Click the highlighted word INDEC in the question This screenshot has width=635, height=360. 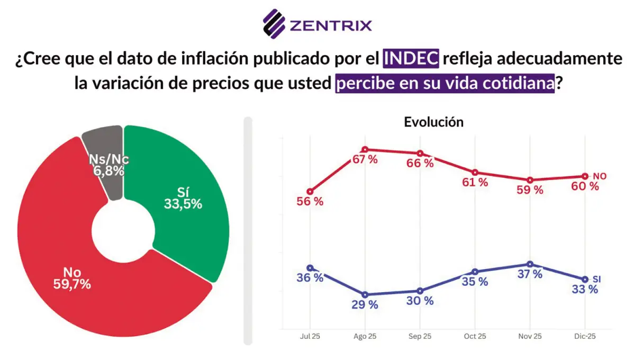tap(411, 58)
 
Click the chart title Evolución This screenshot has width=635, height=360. tap(433, 122)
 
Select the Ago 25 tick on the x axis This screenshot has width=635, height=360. tap(365, 336)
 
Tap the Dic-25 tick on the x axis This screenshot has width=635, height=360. tap(585, 336)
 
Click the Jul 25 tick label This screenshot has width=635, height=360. tap(310, 336)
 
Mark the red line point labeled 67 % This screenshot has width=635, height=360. tap(365, 150)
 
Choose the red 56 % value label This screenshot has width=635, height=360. tap(310, 202)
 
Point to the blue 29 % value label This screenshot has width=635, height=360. tap(365, 305)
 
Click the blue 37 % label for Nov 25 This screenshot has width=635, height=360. tap(530, 274)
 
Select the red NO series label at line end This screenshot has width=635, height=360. tap(599, 176)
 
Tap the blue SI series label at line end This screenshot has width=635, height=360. tap(597, 279)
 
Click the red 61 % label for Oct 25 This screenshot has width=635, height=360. tap(475, 183)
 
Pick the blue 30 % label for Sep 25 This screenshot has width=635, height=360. tap(420, 301)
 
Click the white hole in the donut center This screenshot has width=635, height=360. tap(123, 231)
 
